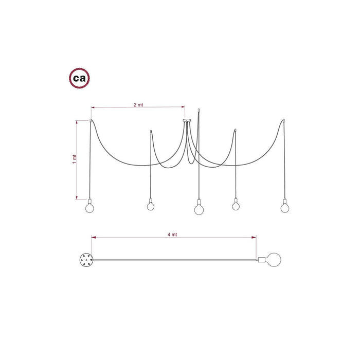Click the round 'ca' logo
click(x=79, y=78)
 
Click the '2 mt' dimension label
click(x=138, y=105)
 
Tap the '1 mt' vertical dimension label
click(x=74, y=159)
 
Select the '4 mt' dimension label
click(x=172, y=235)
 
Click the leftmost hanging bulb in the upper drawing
click(x=89, y=208)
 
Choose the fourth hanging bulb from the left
click(x=236, y=206)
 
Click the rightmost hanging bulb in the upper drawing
click(x=285, y=208)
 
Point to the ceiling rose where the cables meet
click(x=187, y=120)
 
